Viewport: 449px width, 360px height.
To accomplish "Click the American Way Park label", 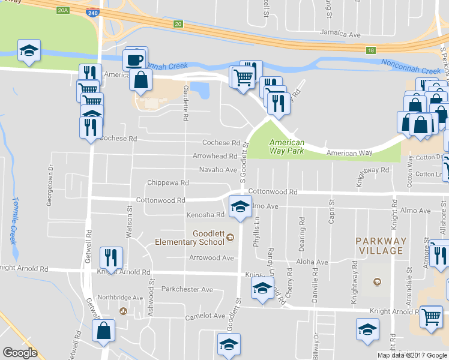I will click(x=286, y=146).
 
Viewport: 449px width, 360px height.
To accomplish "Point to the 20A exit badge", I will click(x=64, y=11).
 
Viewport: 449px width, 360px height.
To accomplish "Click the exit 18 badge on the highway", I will click(x=372, y=50).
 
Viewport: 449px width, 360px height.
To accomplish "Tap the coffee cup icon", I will click(x=134, y=59).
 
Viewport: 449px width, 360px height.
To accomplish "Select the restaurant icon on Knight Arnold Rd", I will click(x=111, y=257).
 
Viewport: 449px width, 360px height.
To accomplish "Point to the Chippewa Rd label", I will click(x=168, y=182).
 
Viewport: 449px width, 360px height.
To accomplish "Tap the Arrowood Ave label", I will click(x=212, y=258).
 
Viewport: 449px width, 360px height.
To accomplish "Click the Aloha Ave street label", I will click(x=312, y=262).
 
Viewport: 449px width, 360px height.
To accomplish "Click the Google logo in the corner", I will click(x=20, y=353).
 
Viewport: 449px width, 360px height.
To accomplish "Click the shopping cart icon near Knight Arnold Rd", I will click(x=431, y=316).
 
